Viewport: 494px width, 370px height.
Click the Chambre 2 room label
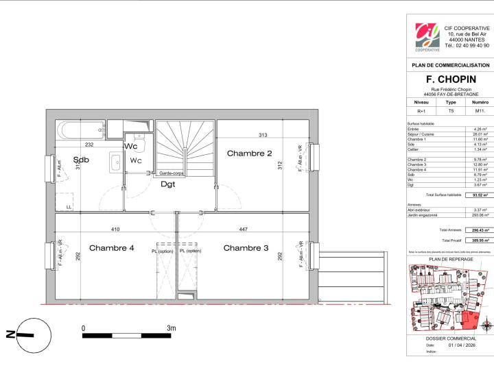[250, 153]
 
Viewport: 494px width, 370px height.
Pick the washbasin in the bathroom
[115, 162]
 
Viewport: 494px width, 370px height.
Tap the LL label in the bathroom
[68, 206]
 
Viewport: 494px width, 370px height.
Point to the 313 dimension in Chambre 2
[263, 135]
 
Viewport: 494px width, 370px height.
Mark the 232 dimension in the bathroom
[89, 145]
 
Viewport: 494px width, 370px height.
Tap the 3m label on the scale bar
[171, 329]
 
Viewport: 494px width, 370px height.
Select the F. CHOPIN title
[449, 79]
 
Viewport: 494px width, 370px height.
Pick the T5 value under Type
[451, 110]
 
